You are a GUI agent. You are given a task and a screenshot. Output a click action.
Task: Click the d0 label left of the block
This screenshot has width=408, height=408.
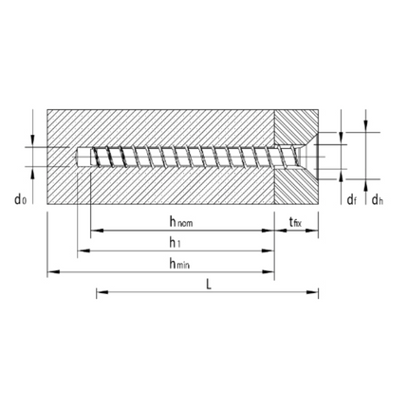tap(19, 198)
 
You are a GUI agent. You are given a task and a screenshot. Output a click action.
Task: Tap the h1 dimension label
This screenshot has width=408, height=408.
tap(176, 243)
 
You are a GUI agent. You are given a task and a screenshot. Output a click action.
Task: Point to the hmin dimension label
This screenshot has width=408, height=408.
tap(176, 264)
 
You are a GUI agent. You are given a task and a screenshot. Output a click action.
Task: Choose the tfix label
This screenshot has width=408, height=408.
tap(295, 222)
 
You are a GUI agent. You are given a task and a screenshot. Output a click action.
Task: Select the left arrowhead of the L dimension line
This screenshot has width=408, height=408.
tap(100, 293)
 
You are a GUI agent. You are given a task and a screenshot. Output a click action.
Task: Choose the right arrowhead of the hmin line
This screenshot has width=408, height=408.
tap(270, 273)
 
